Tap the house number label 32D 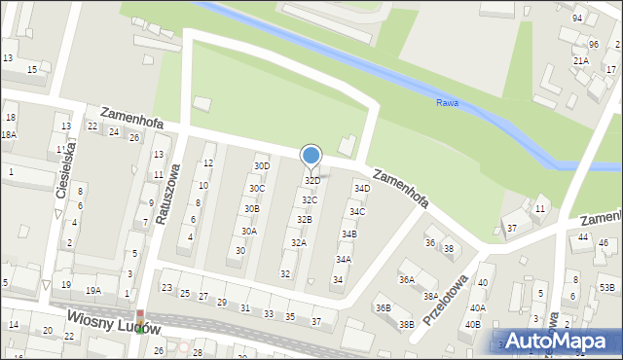[x=312, y=181]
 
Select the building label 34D [x=361, y=188]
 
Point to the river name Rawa [x=447, y=102]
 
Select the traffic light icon [x=141, y=321]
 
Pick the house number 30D [x=262, y=166]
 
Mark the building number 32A [x=299, y=243]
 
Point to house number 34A [x=344, y=260]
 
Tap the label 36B [x=383, y=308]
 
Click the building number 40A [x=477, y=307]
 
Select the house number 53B [x=606, y=287]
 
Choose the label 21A [x=580, y=60]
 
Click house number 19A [x=93, y=290]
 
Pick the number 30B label [x=251, y=209]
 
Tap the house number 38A [x=429, y=296]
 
